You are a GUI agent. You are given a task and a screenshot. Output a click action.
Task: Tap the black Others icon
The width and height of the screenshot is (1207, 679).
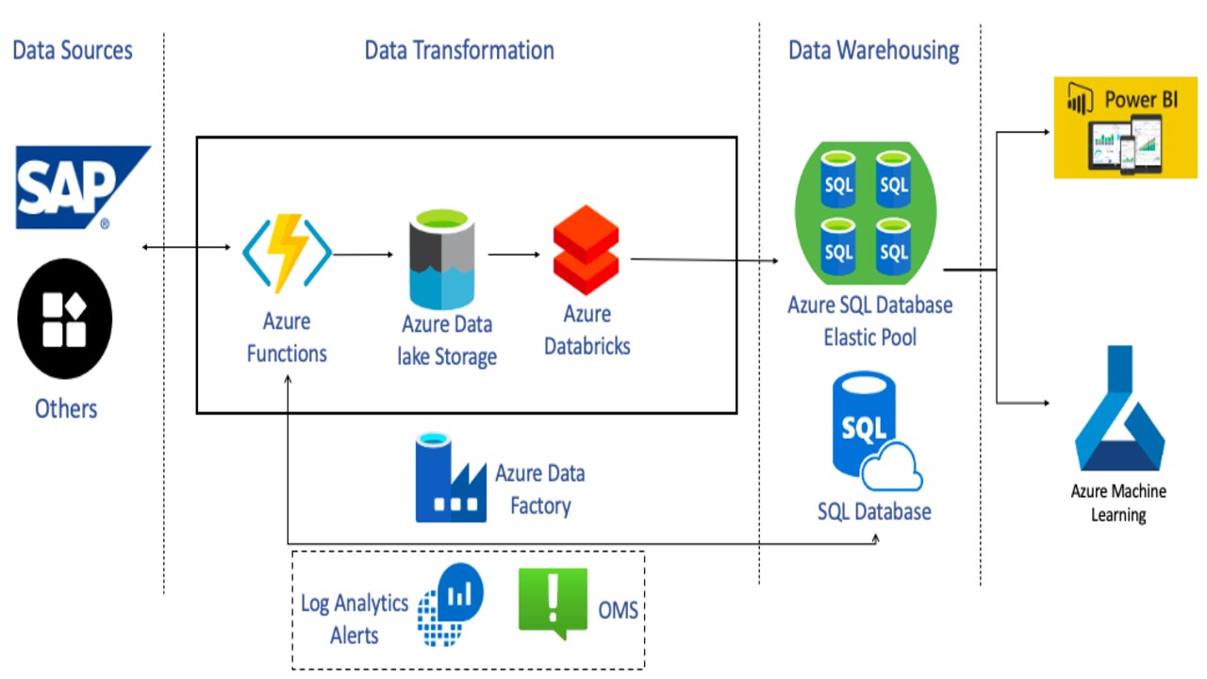click(65, 319)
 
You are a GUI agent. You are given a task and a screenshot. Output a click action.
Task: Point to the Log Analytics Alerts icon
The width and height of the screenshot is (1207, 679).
click(452, 604)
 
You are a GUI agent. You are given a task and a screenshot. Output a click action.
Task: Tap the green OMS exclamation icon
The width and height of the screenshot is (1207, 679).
click(553, 602)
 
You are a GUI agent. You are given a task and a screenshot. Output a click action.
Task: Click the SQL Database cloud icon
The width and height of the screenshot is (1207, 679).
click(874, 434)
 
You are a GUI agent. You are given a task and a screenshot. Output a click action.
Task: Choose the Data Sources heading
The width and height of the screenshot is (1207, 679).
click(73, 50)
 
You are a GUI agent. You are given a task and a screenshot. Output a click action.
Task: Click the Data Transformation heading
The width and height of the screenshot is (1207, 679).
click(459, 50)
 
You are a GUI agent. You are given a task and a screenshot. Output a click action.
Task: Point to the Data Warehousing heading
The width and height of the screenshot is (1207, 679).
click(873, 50)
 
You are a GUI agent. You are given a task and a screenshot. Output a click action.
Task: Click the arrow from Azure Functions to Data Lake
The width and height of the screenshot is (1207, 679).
click(362, 254)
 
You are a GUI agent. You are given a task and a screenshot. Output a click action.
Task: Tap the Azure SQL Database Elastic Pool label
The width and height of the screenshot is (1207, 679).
click(869, 321)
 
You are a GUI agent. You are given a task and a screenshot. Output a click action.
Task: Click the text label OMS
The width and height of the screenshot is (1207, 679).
click(619, 610)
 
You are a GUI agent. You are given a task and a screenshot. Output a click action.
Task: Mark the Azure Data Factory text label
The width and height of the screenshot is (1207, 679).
click(540, 489)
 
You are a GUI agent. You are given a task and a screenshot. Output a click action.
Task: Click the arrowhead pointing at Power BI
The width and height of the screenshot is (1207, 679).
click(1046, 133)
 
